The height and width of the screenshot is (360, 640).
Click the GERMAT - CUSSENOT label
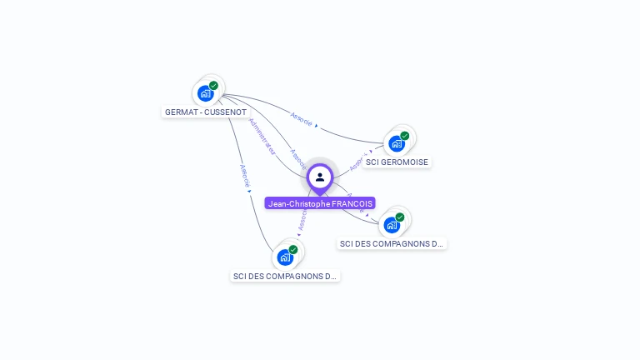pyautogui.click(x=205, y=112)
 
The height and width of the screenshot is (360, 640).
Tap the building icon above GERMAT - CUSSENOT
pyautogui.click(x=205, y=93)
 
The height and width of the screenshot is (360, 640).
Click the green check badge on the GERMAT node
pyautogui.click(x=214, y=86)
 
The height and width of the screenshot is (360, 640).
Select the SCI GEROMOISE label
pyautogui.click(x=397, y=162)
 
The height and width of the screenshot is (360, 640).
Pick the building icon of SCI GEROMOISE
pyautogui.click(x=397, y=143)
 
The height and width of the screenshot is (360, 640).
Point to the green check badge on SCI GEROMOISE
pyautogui.click(x=405, y=136)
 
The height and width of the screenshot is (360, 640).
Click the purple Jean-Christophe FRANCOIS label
pyautogui.click(x=320, y=203)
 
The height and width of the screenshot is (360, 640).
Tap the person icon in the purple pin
pyautogui.click(x=320, y=177)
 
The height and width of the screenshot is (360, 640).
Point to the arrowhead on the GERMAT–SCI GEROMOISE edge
pyautogui.click(x=317, y=126)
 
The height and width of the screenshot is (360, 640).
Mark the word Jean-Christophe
pyautogui.click(x=299, y=203)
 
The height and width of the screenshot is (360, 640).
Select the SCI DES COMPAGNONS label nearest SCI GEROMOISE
pyautogui.click(x=392, y=244)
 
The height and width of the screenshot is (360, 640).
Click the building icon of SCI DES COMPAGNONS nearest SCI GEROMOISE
pyautogui.click(x=392, y=225)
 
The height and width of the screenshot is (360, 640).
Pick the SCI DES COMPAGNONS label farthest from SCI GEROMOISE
pyautogui.click(x=285, y=276)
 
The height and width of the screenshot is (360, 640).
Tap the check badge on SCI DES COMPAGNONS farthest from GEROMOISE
pyautogui.click(x=293, y=249)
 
